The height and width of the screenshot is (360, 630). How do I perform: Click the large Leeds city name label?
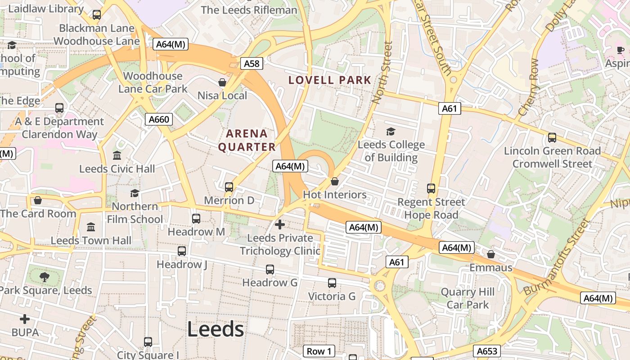click(x=216, y=329)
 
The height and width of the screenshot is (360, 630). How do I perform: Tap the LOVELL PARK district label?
click(x=330, y=80)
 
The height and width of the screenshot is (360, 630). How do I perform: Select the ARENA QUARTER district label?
click(x=247, y=140)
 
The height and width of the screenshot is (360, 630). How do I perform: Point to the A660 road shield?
click(x=159, y=119)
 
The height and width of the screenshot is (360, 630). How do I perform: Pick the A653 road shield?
click(x=486, y=351)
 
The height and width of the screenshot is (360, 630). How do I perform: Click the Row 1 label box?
click(x=319, y=351)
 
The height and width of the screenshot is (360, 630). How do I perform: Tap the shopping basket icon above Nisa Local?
click(x=222, y=82)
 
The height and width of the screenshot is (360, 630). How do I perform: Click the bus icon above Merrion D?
click(x=229, y=187)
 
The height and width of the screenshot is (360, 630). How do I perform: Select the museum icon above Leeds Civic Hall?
click(x=117, y=155)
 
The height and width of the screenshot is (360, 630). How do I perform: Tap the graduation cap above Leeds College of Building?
click(x=391, y=131)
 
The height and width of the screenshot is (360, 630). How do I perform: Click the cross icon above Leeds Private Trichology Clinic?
click(x=280, y=224)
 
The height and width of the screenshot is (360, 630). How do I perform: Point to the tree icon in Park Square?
click(x=44, y=277)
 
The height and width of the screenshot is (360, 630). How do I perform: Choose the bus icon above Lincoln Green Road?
click(x=552, y=138)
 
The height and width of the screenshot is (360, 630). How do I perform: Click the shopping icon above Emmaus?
click(x=491, y=254)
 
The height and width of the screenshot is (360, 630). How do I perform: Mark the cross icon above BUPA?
click(x=25, y=319)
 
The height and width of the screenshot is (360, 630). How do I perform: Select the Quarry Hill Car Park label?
click(x=468, y=298)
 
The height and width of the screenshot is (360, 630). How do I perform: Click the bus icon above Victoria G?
click(x=332, y=283)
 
